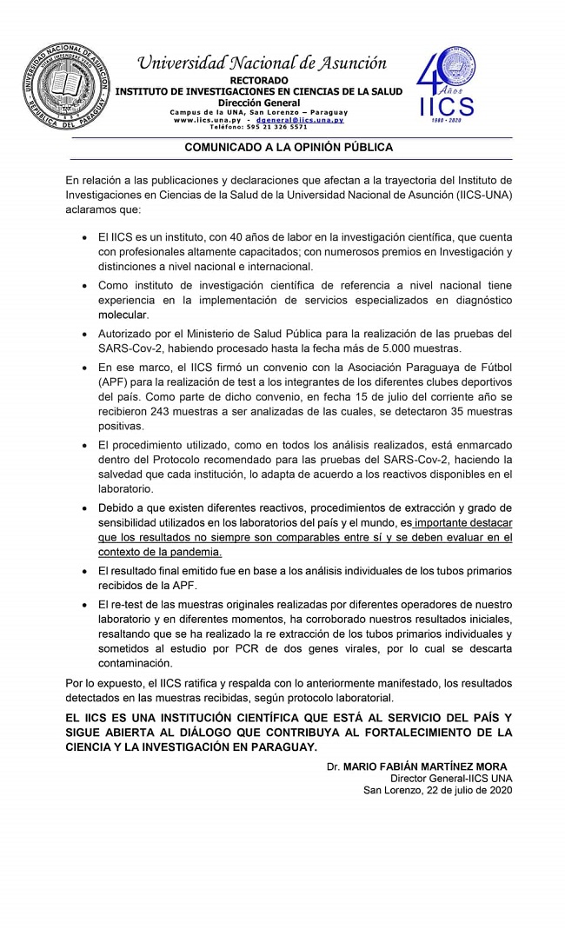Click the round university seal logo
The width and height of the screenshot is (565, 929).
click(x=66, y=87)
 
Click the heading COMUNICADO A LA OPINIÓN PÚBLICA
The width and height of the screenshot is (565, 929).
click(x=289, y=148)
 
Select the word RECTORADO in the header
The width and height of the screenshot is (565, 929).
click(x=259, y=81)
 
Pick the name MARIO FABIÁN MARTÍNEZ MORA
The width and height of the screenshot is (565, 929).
click(x=425, y=766)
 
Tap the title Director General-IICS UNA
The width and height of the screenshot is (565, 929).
click(x=451, y=779)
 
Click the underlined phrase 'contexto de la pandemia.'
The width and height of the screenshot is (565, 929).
click(x=147, y=552)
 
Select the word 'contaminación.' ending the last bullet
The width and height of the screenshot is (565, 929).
click(x=135, y=662)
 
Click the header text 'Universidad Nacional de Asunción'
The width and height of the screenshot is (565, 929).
click(x=262, y=63)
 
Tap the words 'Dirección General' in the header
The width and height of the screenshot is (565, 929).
click(x=259, y=103)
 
